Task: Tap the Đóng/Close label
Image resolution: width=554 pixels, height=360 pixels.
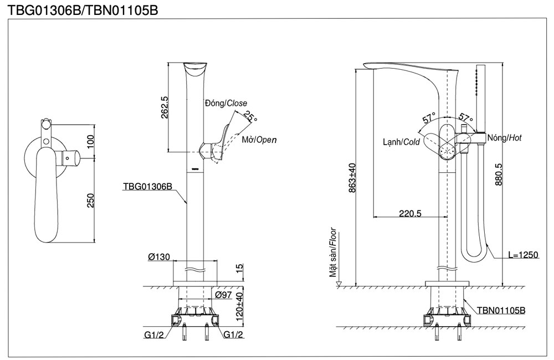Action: pos(225,104)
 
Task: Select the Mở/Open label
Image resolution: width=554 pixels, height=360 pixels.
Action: pos(259,140)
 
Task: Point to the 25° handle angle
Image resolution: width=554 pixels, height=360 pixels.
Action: pos(251,117)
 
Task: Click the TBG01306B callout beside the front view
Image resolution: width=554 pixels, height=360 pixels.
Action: pos(147,187)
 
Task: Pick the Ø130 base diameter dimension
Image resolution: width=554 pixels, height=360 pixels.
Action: pos(159,258)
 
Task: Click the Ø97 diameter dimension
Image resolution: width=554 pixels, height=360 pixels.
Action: pos(224,295)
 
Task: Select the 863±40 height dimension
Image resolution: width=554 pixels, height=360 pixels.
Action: pos(352,177)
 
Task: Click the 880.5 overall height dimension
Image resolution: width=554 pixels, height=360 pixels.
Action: pos(498,174)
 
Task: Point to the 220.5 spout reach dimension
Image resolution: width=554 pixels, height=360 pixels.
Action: pos(410,213)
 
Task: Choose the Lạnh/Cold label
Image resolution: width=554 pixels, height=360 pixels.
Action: pos(402,142)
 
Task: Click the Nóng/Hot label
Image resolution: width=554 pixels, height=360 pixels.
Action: pos(504,138)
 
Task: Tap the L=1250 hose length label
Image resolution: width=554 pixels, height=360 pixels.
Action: pos(523,255)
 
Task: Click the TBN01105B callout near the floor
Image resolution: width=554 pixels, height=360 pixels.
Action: pos(501,311)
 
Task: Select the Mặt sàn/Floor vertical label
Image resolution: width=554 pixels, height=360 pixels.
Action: pos(333,252)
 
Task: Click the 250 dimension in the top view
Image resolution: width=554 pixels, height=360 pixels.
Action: pos(91,201)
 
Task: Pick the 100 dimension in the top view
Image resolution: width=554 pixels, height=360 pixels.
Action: pos(91,141)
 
